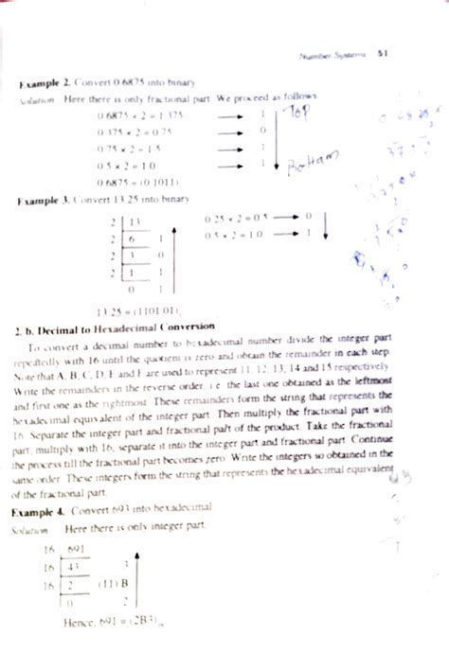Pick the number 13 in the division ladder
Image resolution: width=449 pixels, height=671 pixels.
tap(135, 222)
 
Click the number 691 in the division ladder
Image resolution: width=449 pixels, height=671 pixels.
tap(78, 550)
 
